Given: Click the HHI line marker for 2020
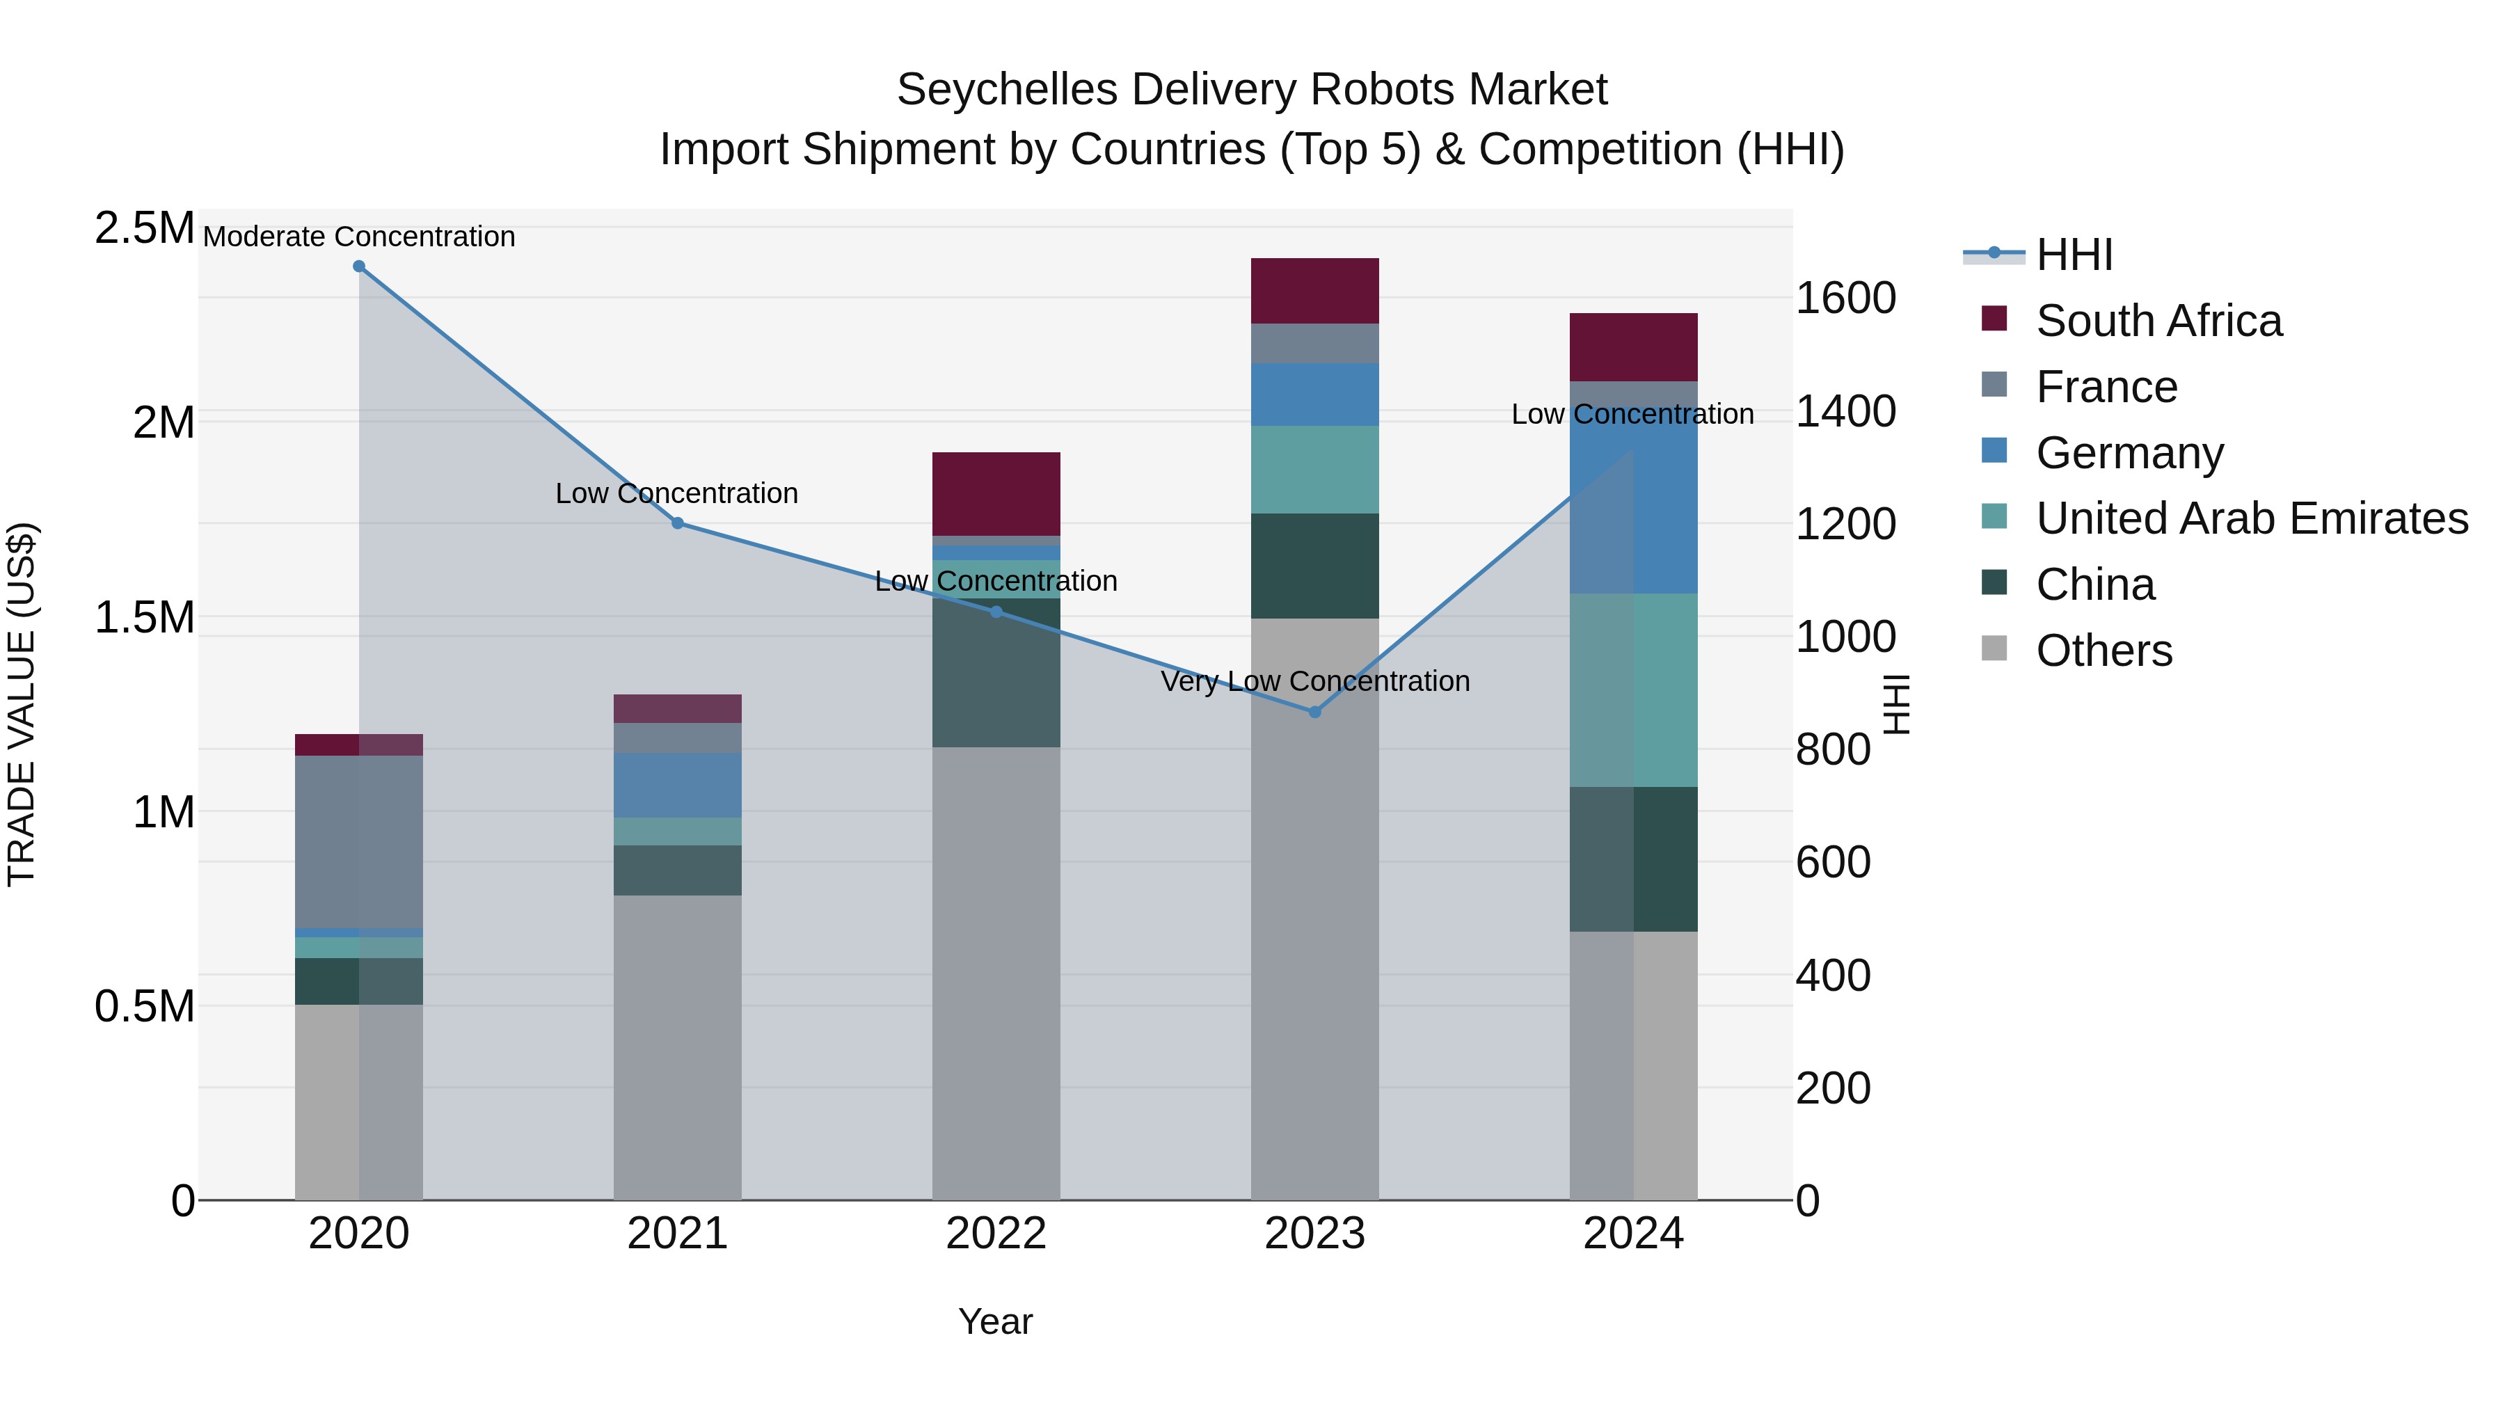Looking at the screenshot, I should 359,266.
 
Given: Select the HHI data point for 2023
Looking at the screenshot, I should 1314,712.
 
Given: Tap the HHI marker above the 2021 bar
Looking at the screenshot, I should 678,523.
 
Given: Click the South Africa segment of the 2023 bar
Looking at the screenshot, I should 1314,291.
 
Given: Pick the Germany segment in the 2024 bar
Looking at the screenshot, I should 1634,506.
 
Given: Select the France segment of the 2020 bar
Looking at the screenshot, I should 359,841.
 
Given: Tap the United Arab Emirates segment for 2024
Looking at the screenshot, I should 1634,690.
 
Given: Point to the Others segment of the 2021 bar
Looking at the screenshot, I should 678,1046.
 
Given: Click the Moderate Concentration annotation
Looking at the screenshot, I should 359,237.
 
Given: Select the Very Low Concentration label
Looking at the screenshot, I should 1314,680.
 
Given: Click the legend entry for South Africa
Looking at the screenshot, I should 2158,321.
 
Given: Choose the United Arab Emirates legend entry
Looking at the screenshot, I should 2251,518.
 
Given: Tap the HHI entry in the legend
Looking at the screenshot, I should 2074,255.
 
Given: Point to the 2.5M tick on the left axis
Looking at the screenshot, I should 144,228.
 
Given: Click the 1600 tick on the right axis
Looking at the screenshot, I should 1845,298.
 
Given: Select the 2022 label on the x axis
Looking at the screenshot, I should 996,1234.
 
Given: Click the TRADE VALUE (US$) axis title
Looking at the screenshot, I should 22,704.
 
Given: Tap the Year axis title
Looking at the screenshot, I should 995,1321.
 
